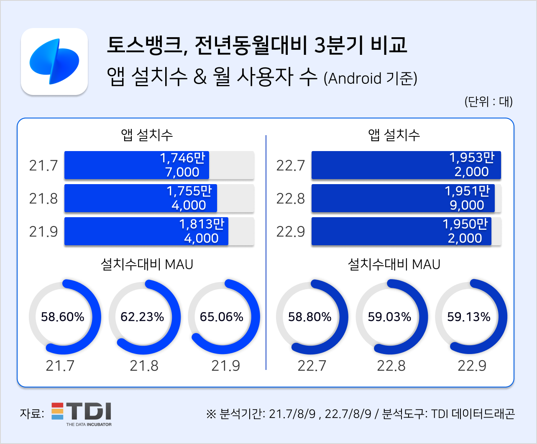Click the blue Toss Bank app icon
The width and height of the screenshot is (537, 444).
[54, 62]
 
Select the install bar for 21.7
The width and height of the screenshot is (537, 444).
[137, 165]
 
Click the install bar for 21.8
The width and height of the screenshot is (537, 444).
[141, 198]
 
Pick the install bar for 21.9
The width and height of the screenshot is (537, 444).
[146, 231]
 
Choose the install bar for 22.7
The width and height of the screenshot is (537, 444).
[406, 165]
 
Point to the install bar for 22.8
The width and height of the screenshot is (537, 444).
[403, 198]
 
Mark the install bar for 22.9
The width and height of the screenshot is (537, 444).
[401, 231]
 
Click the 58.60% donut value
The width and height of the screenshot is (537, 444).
[63, 317]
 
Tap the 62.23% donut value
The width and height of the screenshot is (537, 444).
[142, 317]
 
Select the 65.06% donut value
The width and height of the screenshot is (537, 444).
[222, 317]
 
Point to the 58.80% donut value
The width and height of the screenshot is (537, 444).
[310, 317]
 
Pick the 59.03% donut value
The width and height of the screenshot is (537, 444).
[389, 317]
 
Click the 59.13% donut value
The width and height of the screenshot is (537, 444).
[469, 317]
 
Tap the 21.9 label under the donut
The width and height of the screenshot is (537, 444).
[225, 366]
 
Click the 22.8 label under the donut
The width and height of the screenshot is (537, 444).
[391, 366]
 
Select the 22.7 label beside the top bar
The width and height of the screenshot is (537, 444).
[290, 166]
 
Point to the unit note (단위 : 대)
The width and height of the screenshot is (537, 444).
[488, 101]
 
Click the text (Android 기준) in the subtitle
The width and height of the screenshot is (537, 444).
[371, 78]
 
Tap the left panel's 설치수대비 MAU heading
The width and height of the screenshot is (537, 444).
[147, 264]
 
